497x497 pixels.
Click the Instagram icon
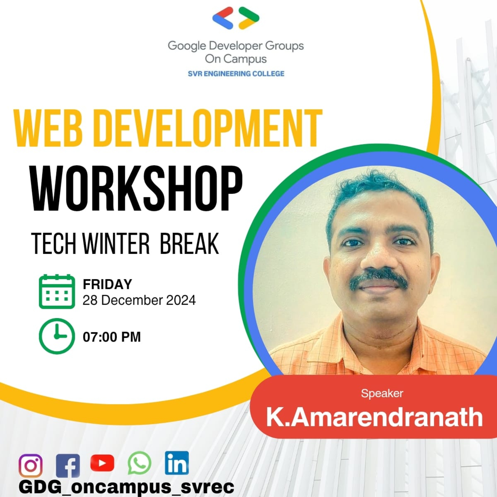coord(31,466)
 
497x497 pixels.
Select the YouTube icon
coord(102,463)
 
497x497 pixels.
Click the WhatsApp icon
coord(139,463)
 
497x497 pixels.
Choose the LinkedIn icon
coord(177,463)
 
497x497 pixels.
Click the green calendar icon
coord(57,292)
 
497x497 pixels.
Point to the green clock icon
coord(57,336)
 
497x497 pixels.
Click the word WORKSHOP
coord(137,189)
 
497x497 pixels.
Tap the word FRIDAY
coord(107,284)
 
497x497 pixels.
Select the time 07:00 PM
coord(112,337)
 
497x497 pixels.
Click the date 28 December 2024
coord(139,300)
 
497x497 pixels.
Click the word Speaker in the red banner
coord(382,393)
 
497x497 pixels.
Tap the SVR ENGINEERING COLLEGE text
coord(236,74)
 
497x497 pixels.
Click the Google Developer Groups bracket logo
coord(236,18)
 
